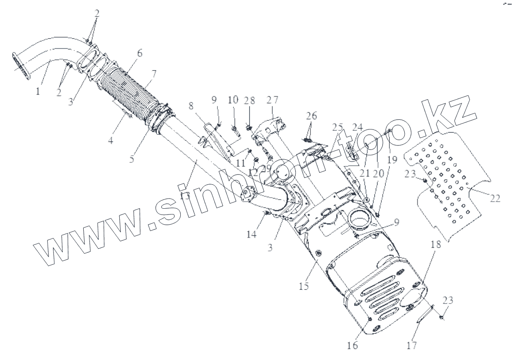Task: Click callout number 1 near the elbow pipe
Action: click(38, 91)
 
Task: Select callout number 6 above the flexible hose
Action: click(139, 53)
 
